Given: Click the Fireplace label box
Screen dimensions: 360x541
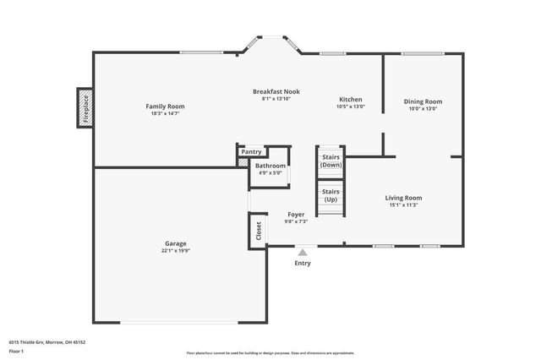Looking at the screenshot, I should (x=85, y=107).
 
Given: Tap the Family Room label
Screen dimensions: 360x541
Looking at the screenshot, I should (x=165, y=106).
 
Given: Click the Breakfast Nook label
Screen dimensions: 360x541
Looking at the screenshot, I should (x=276, y=91).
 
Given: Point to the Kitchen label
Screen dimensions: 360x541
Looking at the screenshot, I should (x=351, y=99).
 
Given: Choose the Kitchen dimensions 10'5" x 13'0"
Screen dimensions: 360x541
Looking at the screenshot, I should (x=351, y=106).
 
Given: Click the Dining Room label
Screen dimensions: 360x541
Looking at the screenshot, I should (x=423, y=101).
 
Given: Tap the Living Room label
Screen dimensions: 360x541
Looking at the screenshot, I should (x=403, y=198).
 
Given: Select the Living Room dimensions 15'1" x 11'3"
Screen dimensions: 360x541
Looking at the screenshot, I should (x=403, y=205).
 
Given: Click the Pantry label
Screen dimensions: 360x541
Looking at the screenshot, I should (x=251, y=151).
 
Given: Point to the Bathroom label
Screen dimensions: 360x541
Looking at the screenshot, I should (x=270, y=166).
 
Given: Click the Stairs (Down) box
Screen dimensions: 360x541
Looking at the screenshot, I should (x=331, y=161).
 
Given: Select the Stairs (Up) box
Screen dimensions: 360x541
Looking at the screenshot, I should (x=331, y=195).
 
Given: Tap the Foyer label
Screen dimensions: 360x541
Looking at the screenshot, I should (x=296, y=215).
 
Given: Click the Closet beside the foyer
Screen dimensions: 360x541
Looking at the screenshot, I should (x=257, y=231).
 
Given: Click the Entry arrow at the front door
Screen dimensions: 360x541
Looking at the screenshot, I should (x=302, y=251).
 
